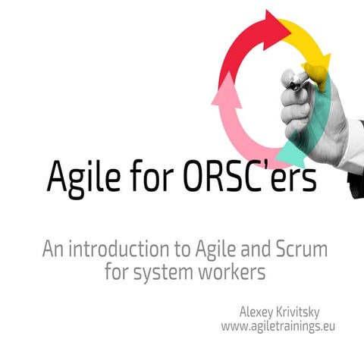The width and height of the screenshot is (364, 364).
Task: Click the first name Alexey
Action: [259, 312]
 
